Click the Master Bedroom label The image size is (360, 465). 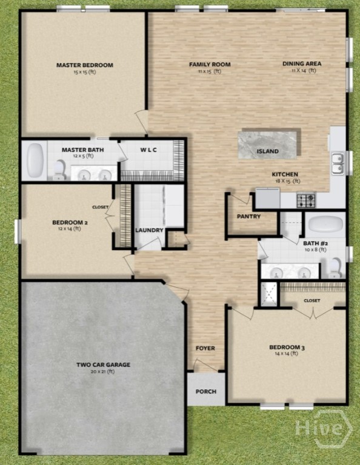[x=85, y=65]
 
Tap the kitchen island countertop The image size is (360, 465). [x=267, y=145]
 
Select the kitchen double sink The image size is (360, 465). [x=338, y=163]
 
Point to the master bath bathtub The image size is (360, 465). [x=35, y=160]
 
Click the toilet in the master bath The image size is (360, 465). [x=60, y=170]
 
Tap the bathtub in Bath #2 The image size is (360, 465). [x=325, y=223]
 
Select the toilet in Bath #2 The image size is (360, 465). [x=335, y=268]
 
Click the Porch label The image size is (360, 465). [x=206, y=392]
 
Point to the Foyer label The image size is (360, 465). [x=205, y=348]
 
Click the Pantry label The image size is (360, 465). [x=248, y=217]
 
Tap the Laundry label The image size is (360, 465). [x=149, y=230]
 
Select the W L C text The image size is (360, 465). [x=148, y=150]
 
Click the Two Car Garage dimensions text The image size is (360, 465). [x=102, y=372]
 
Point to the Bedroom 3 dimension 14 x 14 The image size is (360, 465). [x=287, y=354]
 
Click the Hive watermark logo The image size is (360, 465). [x=324, y=428]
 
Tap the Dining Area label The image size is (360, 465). [x=302, y=64]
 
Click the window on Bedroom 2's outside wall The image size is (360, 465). [x=18, y=231]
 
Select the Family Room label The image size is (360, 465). [x=210, y=64]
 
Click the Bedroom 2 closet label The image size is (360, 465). [x=101, y=207]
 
